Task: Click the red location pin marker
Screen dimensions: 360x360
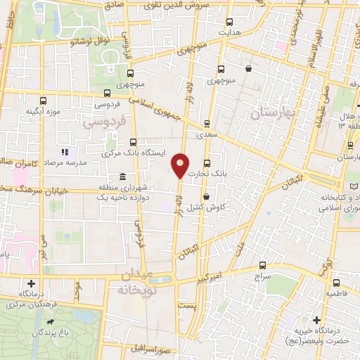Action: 180,165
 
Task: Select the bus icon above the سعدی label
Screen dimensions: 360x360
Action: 207,122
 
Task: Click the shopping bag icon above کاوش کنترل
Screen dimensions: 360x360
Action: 205,198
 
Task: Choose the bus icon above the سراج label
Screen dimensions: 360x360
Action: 262,266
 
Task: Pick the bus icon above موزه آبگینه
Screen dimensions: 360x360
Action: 44,101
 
